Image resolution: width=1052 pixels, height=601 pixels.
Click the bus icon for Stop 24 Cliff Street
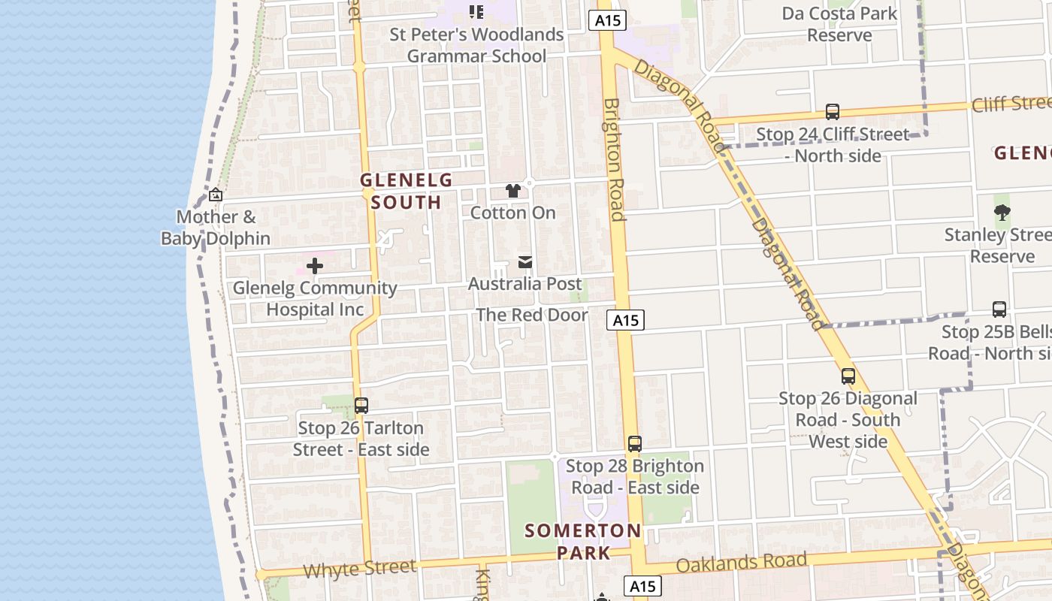coord(833,112)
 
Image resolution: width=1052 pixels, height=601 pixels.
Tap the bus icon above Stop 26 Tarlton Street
coord(361,406)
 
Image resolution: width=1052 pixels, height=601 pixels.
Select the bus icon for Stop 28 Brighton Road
coord(635,444)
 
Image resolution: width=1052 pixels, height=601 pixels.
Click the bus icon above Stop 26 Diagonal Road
coord(848,376)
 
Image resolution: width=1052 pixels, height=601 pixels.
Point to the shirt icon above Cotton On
coord(513,191)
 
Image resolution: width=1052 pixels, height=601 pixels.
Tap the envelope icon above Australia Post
coord(525,262)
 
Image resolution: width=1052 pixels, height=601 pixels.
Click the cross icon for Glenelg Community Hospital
coord(315,266)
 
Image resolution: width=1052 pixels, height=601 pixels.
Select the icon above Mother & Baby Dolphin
coord(216,195)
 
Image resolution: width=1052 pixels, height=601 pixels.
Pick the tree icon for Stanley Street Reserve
coord(1002,213)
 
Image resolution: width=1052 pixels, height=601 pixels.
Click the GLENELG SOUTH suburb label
coord(406,191)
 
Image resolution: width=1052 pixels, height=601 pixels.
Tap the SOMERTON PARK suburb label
coord(583,542)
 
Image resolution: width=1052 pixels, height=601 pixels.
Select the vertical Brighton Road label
coord(614,160)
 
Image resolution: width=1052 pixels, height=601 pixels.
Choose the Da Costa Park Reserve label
coord(839,24)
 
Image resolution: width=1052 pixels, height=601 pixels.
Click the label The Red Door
coord(532,315)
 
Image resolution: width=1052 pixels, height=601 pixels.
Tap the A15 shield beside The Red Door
coord(625,321)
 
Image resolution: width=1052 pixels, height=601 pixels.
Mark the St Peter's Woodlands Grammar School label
coord(476,45)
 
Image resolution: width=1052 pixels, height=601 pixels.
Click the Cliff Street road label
coord(1011,104)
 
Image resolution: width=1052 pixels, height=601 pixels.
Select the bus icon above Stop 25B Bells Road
coord(999,310)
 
